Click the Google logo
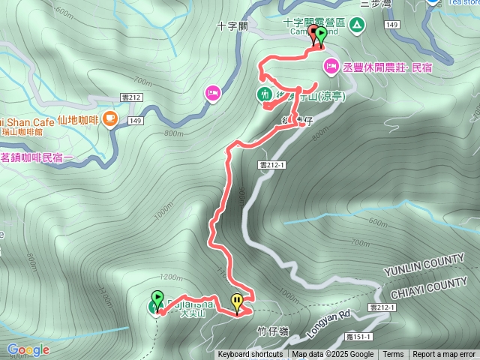[28, 349]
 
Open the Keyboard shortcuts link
[250, 355]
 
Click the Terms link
[393, 355]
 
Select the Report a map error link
[444, 355]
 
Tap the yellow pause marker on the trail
[238, 302]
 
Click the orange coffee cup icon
[110, 117]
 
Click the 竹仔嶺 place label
[272, 329]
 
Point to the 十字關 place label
[232, 25]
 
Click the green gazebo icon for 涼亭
[264, 94]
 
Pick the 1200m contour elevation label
[172, 276]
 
